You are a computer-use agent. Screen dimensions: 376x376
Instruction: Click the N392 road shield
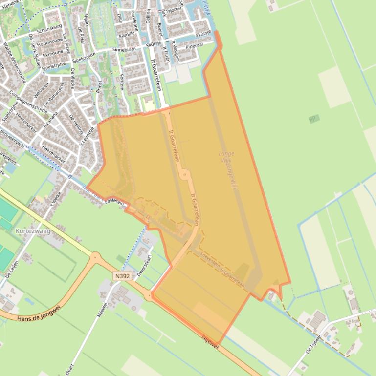coord(123,276)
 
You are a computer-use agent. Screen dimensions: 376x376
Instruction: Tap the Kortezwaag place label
coord(33,231)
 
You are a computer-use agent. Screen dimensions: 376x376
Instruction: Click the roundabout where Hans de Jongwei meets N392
coord(95,256)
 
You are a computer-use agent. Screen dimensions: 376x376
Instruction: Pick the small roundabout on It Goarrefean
coord(184,174)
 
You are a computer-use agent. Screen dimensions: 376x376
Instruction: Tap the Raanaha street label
coord(50,119)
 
